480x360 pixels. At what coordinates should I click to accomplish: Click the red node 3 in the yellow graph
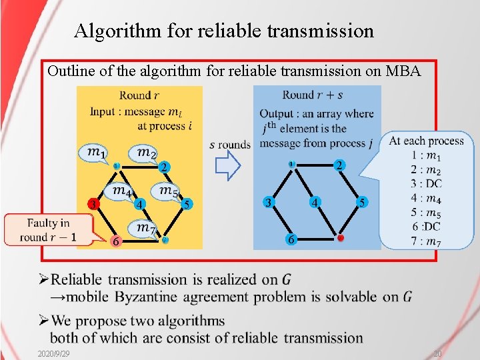[95, 203]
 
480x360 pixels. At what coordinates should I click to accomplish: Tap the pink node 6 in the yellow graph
[116, 242]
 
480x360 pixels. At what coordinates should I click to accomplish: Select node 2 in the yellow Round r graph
[163, 166]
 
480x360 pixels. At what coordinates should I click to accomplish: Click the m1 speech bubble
[95, 153]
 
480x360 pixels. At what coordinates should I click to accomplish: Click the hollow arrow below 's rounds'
[228, 166]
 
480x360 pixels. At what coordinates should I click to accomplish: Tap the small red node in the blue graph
[340, 238]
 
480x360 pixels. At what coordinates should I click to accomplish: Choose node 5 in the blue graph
[361, 202]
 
